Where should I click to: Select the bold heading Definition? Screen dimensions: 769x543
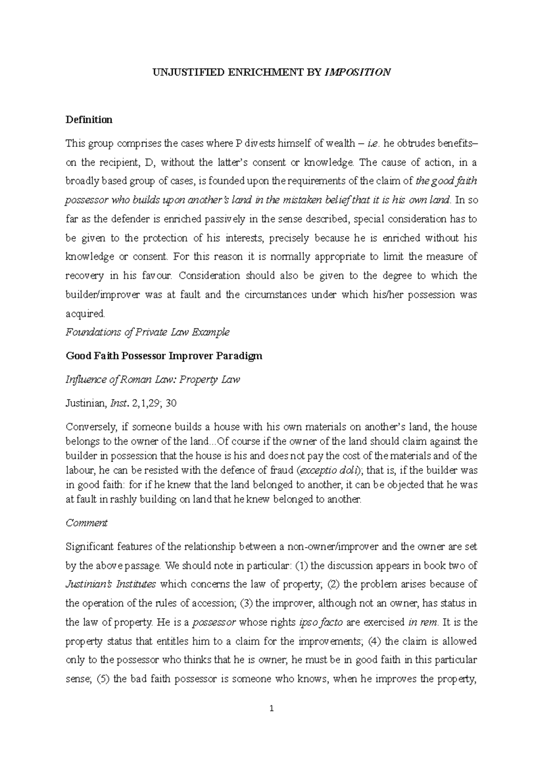pos(89,120)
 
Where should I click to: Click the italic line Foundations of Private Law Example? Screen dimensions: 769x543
pos(148,332)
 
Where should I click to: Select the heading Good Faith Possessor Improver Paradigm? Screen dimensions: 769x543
pos(164,356)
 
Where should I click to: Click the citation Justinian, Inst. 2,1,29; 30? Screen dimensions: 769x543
pos(121,403)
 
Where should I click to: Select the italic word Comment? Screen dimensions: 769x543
pos(86,523)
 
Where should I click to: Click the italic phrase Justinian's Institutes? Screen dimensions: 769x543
pos(110,585)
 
